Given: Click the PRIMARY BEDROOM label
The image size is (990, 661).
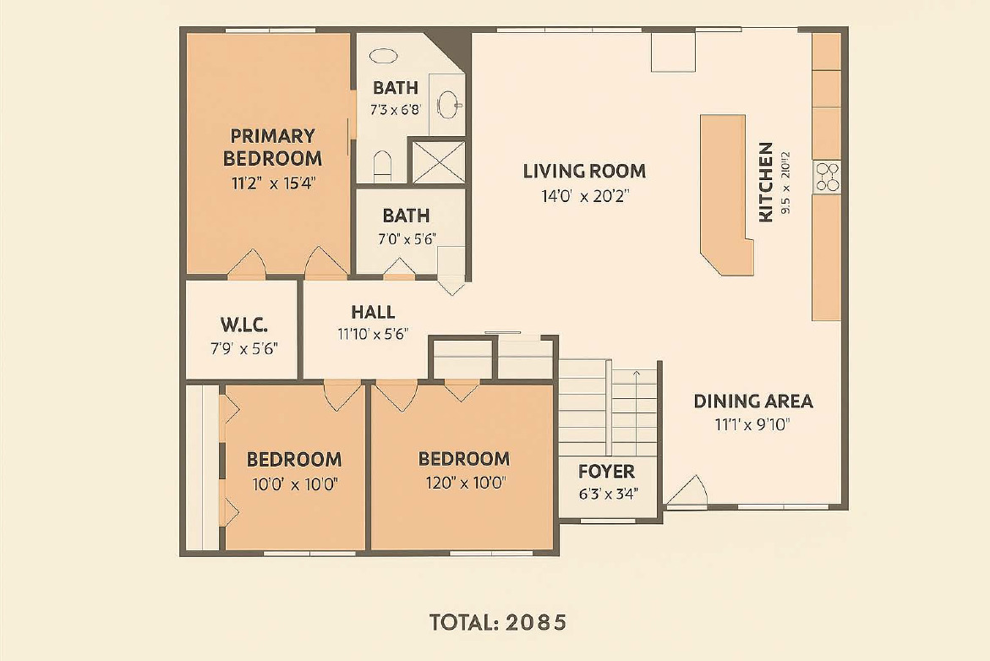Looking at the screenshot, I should click(272, 146).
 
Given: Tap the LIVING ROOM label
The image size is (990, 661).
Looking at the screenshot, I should click(584, 171).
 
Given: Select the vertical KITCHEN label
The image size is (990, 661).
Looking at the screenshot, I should click(766, 182).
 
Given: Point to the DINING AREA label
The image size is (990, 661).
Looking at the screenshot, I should click(753, 401).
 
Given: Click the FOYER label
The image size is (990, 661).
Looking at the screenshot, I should click(606, 472).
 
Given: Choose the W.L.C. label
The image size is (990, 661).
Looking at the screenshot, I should click(243, 325).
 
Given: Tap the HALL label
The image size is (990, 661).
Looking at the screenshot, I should click(373, 312).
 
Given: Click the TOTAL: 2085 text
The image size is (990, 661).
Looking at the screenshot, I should click(498, 622).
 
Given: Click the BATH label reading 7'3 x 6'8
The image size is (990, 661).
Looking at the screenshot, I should click(395, 87).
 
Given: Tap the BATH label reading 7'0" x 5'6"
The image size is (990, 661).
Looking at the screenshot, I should click(406, 216).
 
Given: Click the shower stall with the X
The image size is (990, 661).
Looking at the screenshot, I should click(438, 162).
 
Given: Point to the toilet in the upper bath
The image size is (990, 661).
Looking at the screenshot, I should click(382, 165).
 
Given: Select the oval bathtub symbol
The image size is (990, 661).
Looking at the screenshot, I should click(384, 57).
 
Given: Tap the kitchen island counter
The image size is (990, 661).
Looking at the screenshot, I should click(725, 194).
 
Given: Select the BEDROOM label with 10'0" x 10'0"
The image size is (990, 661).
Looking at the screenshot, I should click(294, 459).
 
